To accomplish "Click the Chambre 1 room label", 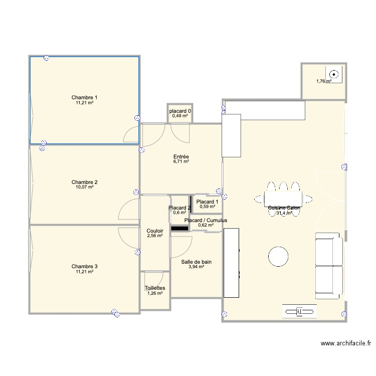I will coord(84,97).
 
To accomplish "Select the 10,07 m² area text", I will coord(84,187).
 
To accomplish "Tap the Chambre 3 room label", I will coord(84,266).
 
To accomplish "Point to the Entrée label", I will coord(180,157).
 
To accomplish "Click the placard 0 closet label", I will coord(180,111).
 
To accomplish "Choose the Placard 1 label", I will coord(207,201).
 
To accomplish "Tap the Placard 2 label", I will coord(179,208).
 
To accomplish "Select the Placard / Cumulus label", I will coord(206,220).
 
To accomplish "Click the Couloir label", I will coord(154,231).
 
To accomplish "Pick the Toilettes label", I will coord(154,288).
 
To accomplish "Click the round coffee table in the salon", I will coord(278,256).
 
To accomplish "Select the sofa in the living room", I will coord(329,266).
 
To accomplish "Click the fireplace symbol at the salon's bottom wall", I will coord(299,312).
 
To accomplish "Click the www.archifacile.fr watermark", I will coord(345,344).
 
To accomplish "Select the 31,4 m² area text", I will coord(284,213).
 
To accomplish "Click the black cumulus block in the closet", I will coord(179,229).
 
